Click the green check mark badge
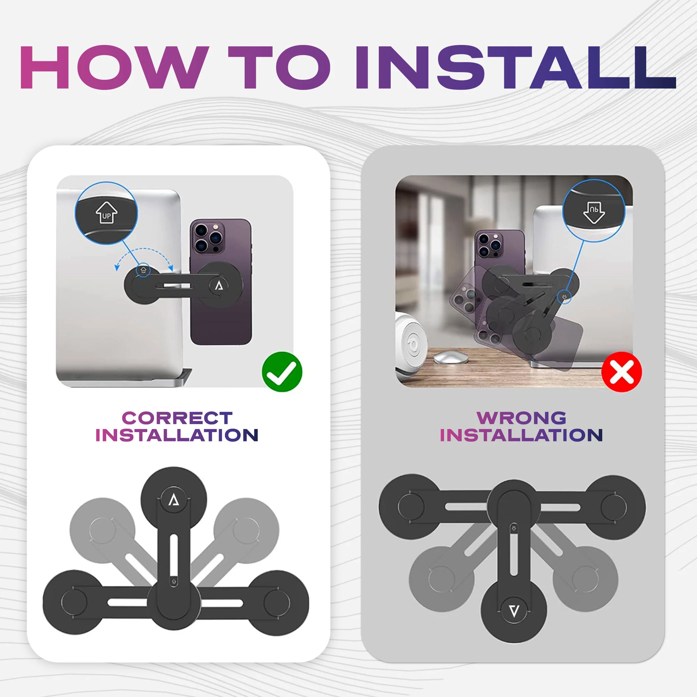pyautogui.click(x=282, y=372)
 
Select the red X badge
pyautogui.click(x=622, y=372)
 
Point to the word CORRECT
pyautogui.click(x=177, y=418)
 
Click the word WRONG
pyautogui.click(x=521, y=418)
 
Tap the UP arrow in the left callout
pyautogui.click(x=106, y=213)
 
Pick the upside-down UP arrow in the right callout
pyautogui.click(x=594, y=212)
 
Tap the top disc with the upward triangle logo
pyautogui.click(x=174, y=500)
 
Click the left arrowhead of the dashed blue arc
pyautogui.click(x=117, y=268)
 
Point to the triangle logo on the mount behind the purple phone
pyautogui.click(x=219, y=286)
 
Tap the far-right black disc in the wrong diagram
pyautogui.click(x=614, y=507)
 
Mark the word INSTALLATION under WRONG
pyautogui.click(x=521, y=435)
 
